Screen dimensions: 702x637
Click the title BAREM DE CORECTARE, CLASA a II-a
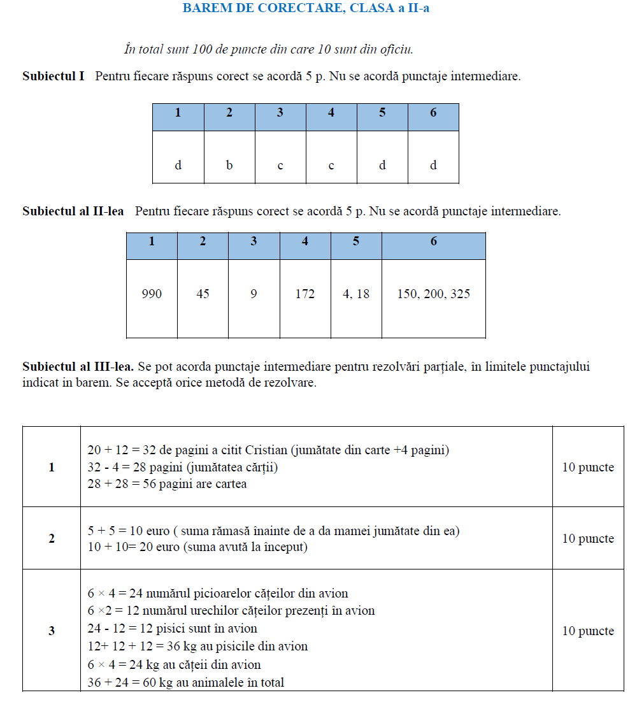coord(306,9)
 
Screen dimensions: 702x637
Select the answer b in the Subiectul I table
coord(229,166)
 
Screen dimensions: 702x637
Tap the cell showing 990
coord(152,294)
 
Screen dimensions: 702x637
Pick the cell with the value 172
coord(305,294)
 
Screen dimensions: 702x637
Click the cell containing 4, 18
coord(356,294)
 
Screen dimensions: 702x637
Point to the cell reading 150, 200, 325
coord(434,294)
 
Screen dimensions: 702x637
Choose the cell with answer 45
coord(203,294)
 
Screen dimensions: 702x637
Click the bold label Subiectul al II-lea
coord(73,211)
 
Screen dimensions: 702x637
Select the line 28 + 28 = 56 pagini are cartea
coord(167,484)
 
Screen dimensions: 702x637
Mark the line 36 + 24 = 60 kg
coord(186,683)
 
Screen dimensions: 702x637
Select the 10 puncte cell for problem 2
coord(588,539)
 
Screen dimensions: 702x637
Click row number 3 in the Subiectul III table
coord(52,631)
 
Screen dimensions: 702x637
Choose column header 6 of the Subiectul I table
coord(433,113)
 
